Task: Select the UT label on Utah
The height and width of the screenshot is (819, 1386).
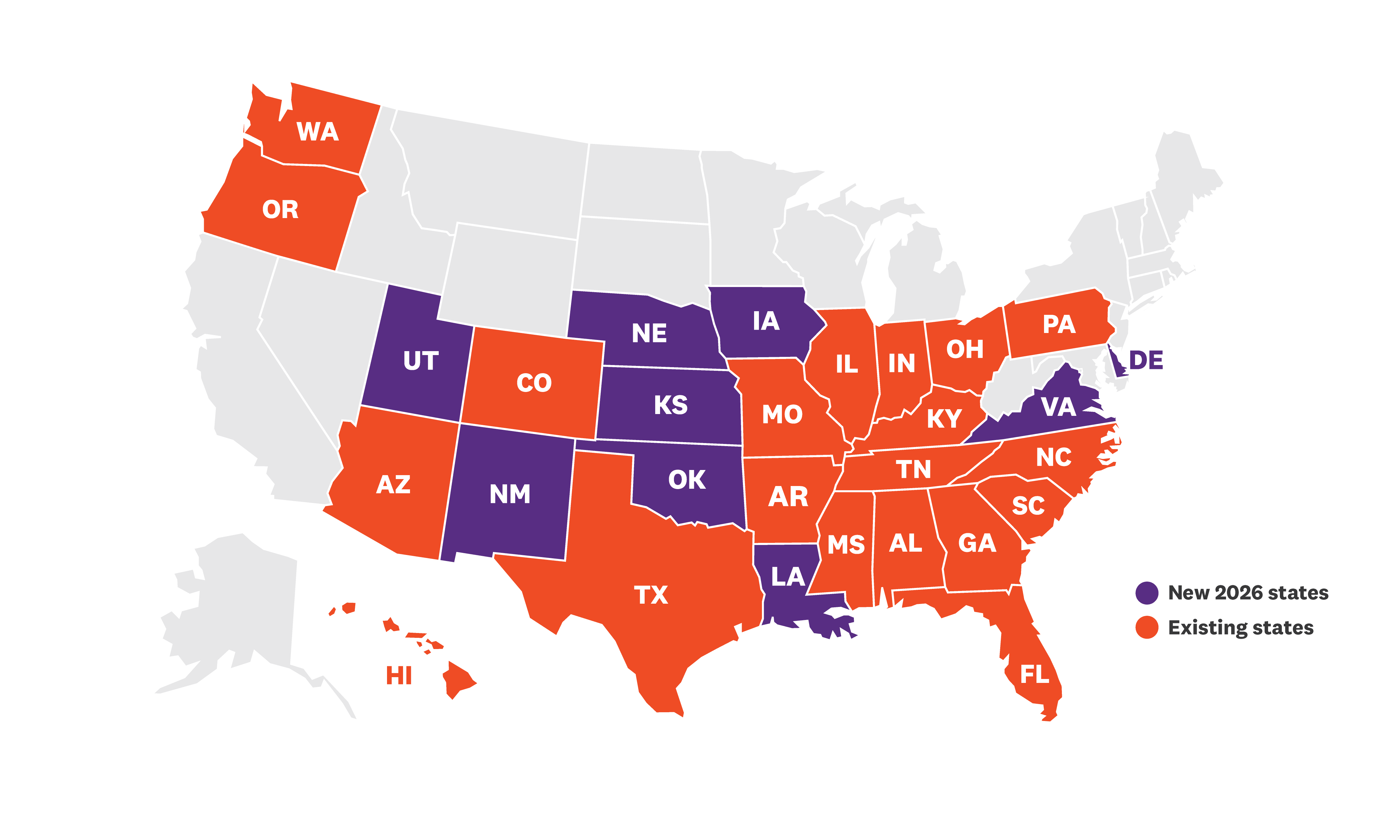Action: [421, 361]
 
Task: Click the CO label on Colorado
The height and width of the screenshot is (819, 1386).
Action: [534, 383]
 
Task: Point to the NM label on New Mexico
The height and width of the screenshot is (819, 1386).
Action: [510, 494]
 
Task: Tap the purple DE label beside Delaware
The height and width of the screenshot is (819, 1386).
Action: [1146, 361]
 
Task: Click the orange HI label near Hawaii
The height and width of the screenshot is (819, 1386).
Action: [399, 676]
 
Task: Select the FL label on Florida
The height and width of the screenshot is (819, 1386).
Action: [1035, 674]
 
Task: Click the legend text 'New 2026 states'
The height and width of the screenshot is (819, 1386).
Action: [1248, 593]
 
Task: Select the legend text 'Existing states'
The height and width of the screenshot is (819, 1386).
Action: [1240, 628]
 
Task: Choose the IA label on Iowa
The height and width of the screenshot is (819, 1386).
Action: [766, 321]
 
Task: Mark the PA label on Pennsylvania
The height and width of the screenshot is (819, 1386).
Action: [1059, 325]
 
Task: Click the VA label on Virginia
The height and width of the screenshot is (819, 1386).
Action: [1058, 407]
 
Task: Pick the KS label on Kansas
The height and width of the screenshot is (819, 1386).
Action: [671, 405]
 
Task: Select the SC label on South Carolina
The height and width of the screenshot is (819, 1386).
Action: [1028, 506]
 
